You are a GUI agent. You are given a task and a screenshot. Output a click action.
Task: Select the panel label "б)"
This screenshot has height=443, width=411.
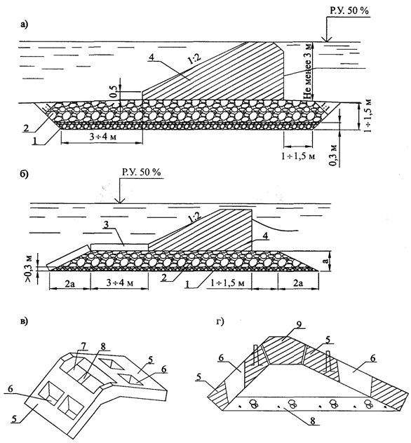coord(25,172)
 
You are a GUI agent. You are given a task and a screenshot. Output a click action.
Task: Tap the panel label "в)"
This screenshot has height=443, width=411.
coord(25,322)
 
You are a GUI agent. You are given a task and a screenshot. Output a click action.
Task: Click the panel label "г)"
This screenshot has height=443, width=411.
coord(223,323)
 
